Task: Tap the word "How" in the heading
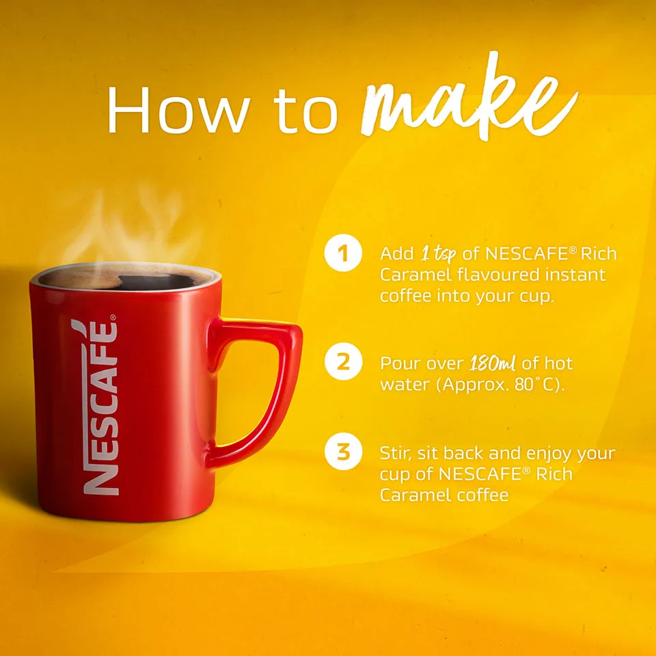tap(176, 110)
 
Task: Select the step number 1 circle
tap(342, 254)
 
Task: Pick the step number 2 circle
tap(342, 362)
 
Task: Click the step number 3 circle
tap(342, 452)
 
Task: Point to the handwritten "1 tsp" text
tap(437, 254)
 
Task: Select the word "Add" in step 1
tap(396, 254)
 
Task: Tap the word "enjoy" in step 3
tap(549, 454)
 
